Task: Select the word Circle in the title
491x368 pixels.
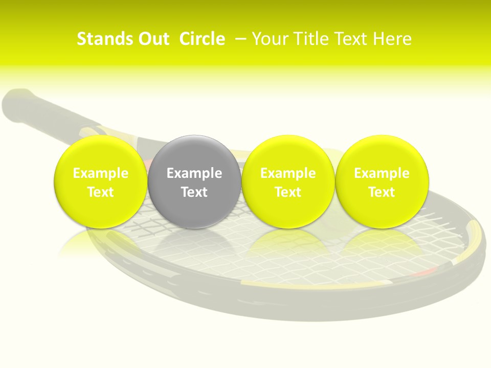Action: (x=202, y=39)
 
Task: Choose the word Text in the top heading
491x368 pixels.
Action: (x=353, y=39)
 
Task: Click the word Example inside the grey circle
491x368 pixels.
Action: (x=194, y=173)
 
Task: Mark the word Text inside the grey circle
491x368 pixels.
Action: (x=194, y=192)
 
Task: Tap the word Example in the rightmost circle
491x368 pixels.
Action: (x=382, y=173)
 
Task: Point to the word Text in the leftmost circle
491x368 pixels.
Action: (x=100, y=192)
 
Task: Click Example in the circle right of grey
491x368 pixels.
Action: (x=288, y=173)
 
